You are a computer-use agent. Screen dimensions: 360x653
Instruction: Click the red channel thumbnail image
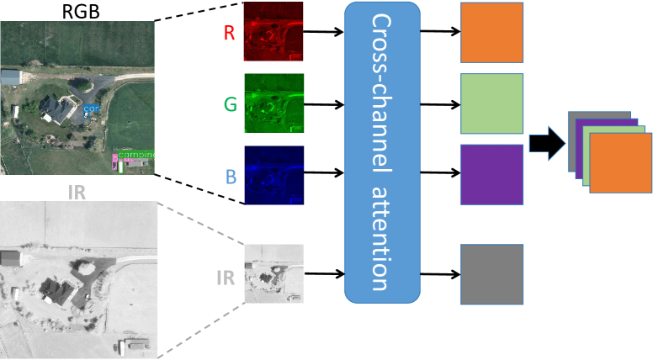point(273,32)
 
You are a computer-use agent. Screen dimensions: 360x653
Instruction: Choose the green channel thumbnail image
point(273,103)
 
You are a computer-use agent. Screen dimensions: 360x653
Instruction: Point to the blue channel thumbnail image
point(273,175)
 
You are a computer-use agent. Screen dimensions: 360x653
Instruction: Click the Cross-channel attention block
point(382,152)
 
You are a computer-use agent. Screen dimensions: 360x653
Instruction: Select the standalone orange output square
point(491,33)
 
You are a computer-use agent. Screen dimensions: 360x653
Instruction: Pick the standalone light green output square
point(491,103)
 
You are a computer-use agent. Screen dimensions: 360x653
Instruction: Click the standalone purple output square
point(491,175)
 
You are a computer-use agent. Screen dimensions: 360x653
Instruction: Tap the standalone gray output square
point(491,273)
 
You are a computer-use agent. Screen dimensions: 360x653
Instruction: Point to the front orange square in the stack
point(620,163)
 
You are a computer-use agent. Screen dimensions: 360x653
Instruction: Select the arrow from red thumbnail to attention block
point(323,33)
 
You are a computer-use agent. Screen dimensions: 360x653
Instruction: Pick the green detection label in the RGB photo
point(136,155)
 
